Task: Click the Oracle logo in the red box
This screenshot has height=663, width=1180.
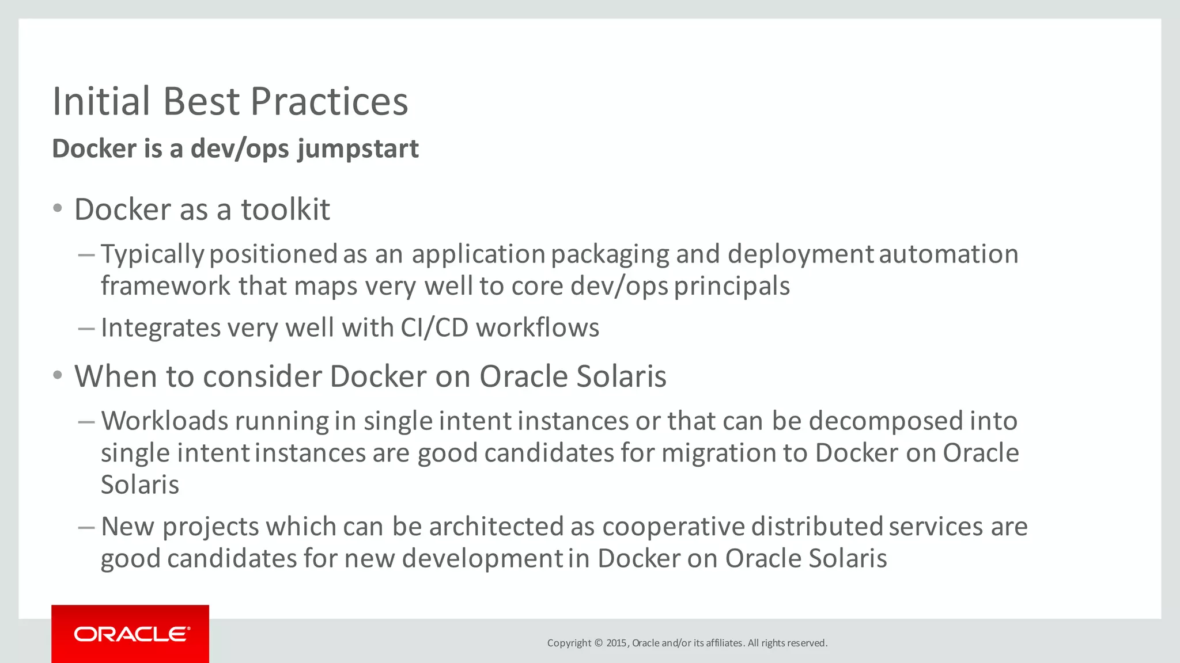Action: coord(131,634)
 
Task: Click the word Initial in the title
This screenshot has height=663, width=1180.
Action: coord(101,102)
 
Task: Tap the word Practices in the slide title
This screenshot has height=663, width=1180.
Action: coord(329,102)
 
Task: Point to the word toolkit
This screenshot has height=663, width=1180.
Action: coord(285,209)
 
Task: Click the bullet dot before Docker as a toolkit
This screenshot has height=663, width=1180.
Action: coord(57,208)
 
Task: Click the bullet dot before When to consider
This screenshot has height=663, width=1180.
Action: coord(57,376)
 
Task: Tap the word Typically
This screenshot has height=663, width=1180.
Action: coord(152,254)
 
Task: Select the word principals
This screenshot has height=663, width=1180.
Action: coord(732,286)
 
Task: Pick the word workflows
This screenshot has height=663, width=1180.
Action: coord(538,327)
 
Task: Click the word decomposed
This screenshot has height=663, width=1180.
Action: coord(885,421)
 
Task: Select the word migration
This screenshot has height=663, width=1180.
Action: coord(718,453)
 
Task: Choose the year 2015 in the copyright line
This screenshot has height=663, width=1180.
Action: coord(616,643)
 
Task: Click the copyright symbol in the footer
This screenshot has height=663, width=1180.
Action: coord(598,643)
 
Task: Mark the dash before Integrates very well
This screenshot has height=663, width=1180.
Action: coord(86,328)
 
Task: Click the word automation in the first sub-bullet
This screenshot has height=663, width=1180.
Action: coord(948,254)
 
